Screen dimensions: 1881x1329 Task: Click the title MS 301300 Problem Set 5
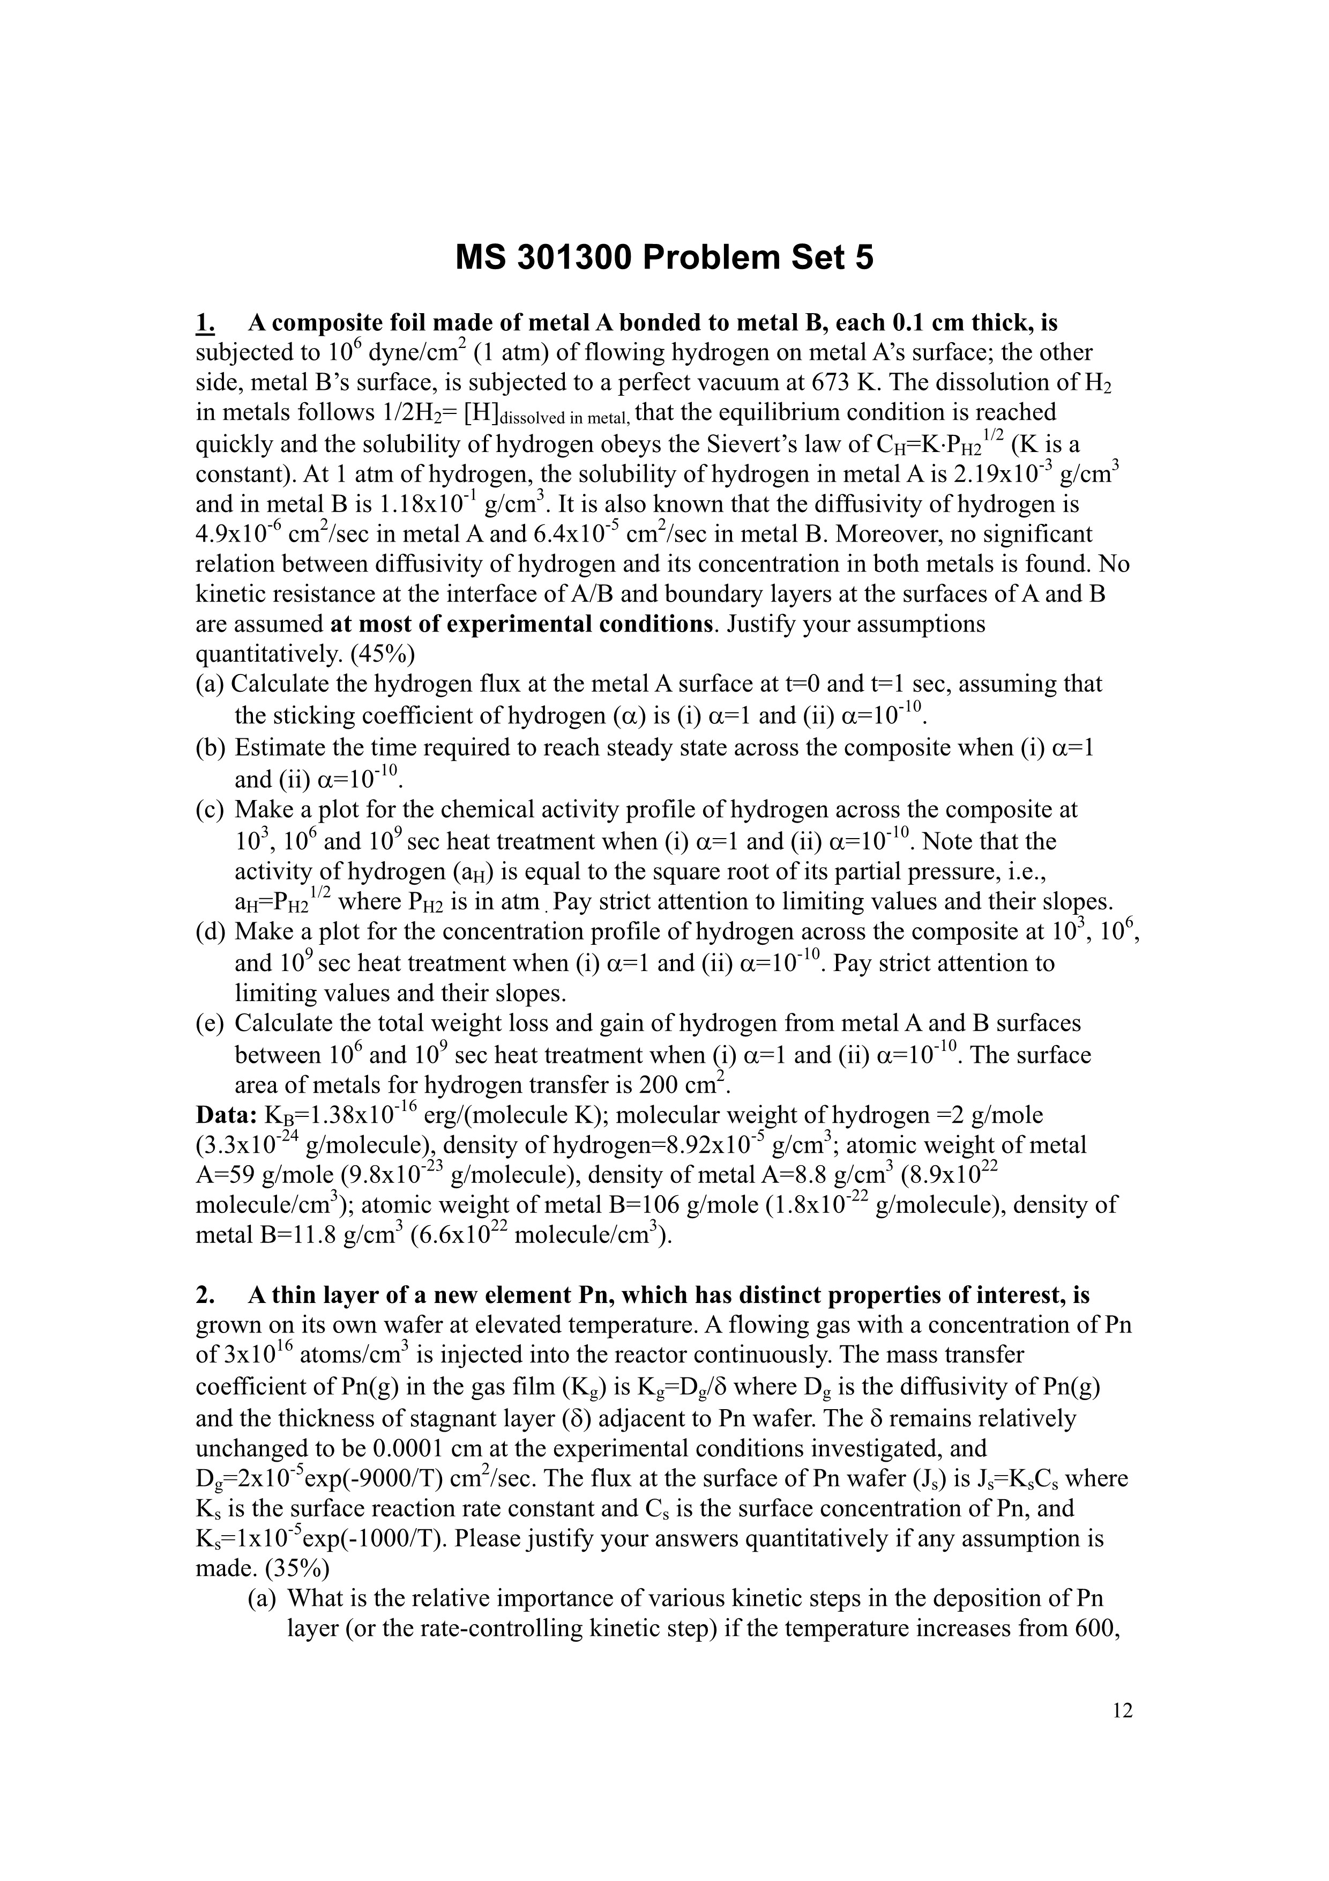coord(664,258)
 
